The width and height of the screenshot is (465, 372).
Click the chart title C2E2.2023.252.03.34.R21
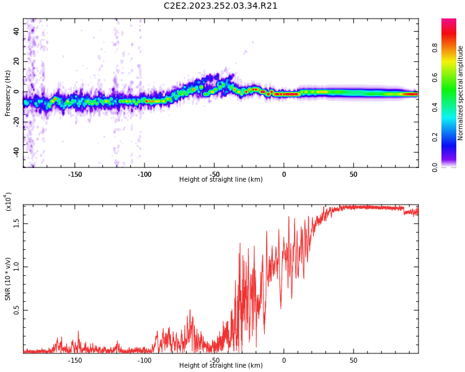pyautogui.click(x=221, y=6)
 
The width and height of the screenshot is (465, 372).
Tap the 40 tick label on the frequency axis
pyautogui.click(x=16, y=32)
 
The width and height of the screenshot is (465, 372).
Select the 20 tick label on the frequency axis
pyautogui.click(x=16, y=62)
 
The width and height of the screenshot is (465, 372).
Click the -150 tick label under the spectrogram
pyautogui.click(x=74, y=174)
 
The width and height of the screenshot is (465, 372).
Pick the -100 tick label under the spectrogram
pyautogui.click(x=144, y=174)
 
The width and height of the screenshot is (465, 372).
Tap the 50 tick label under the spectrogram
pyautogui.click(x=353, y=174)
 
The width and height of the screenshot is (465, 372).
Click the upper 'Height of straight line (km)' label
pyautogui.click(x=221, y=180)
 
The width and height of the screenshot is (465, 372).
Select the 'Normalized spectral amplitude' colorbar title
pyautogui.click(x=461, y=93)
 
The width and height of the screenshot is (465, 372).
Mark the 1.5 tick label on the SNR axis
pyautogui.click(x=16, y=223)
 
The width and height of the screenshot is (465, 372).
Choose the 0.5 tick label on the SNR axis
pyautogui.click(x=16, y=309)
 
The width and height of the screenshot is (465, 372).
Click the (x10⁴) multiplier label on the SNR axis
pyautogui.click(x=8, y=201)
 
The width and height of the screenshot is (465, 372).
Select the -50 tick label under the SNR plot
pyautogui.click(x=214, y=360)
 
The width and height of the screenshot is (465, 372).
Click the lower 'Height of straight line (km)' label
pyautogui.click(x=221, y=366)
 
